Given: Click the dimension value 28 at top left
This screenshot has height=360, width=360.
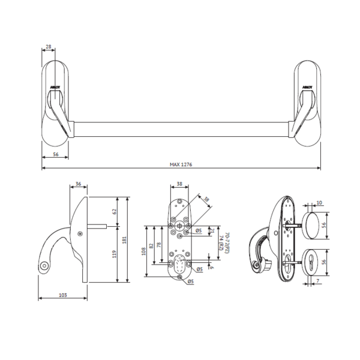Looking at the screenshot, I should (x=49, y=46).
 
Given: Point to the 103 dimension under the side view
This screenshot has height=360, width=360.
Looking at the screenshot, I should (x=63, y=295).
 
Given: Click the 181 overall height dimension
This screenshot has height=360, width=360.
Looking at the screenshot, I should (x=125, y=240).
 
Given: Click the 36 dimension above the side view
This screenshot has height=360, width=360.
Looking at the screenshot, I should (x=79, y=185).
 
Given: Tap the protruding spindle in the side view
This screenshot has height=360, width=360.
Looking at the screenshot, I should (x=99, y=226).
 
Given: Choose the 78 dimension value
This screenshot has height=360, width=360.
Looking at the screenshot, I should (x=161, y=246).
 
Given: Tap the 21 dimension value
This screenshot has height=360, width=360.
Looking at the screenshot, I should (x=212, y=230).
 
